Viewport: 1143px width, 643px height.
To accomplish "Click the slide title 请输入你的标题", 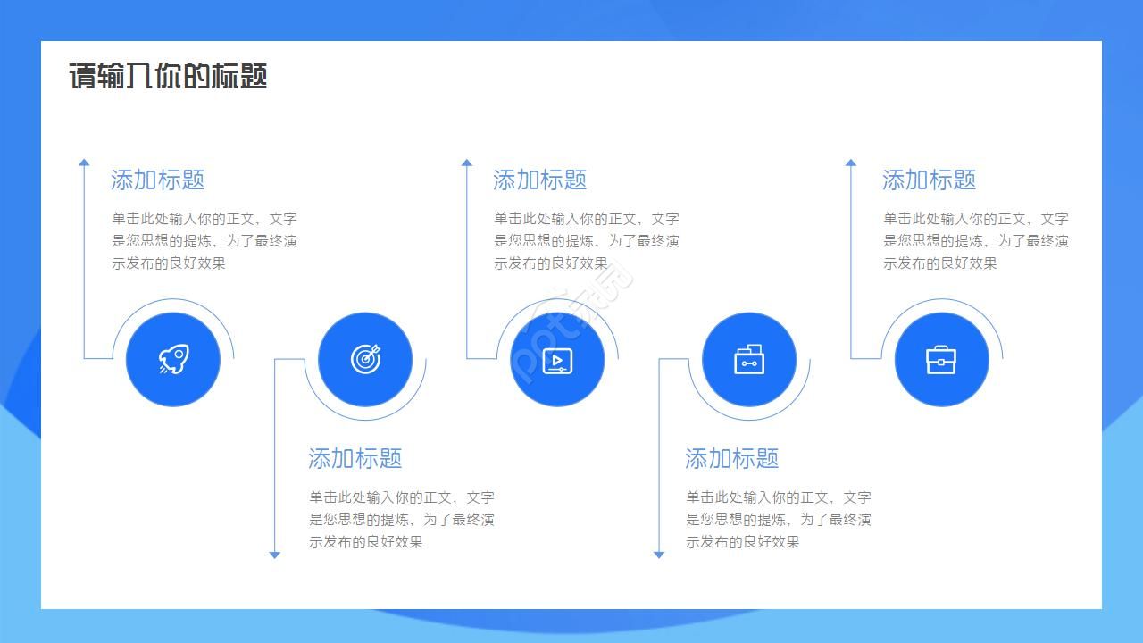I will (x=168, y=76).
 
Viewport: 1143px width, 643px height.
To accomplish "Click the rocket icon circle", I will (x=172, y=359).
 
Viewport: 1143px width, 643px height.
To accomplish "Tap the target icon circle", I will (x=365, y=359).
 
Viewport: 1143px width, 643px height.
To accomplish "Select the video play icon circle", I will (x=557, y=359).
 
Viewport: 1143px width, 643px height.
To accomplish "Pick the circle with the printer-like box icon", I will (x=748, y=359).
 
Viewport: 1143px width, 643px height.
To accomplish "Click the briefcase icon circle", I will (x=941, y=359).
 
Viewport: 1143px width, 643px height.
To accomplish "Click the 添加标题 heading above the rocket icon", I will (x=158, y=180).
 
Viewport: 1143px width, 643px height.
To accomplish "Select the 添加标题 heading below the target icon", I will (x=355, y=458).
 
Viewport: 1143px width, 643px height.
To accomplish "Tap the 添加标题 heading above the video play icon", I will (x=540, y=180).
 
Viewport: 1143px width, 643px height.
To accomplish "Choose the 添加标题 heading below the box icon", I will (x=732, y=458).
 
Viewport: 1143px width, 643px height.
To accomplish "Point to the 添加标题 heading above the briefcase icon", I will (x=930, y=180).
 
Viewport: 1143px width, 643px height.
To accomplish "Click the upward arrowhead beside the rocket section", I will (x=84, y=163).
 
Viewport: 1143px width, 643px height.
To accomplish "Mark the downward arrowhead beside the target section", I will (x=275, y=555).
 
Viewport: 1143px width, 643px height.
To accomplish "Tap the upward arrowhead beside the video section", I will (x=466, y=163).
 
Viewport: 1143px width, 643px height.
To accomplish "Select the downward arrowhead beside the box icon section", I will (x=659, y=555).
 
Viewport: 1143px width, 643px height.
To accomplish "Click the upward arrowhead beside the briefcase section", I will (x=850, y=163).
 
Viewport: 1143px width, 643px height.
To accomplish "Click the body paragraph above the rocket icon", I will (x=204, y=240).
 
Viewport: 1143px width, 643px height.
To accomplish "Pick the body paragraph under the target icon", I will (x=402, y=519).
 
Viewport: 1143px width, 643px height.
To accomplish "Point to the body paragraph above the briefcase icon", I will (x=976, y=240).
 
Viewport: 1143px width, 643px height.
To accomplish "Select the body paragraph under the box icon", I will (x=779, y=519).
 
